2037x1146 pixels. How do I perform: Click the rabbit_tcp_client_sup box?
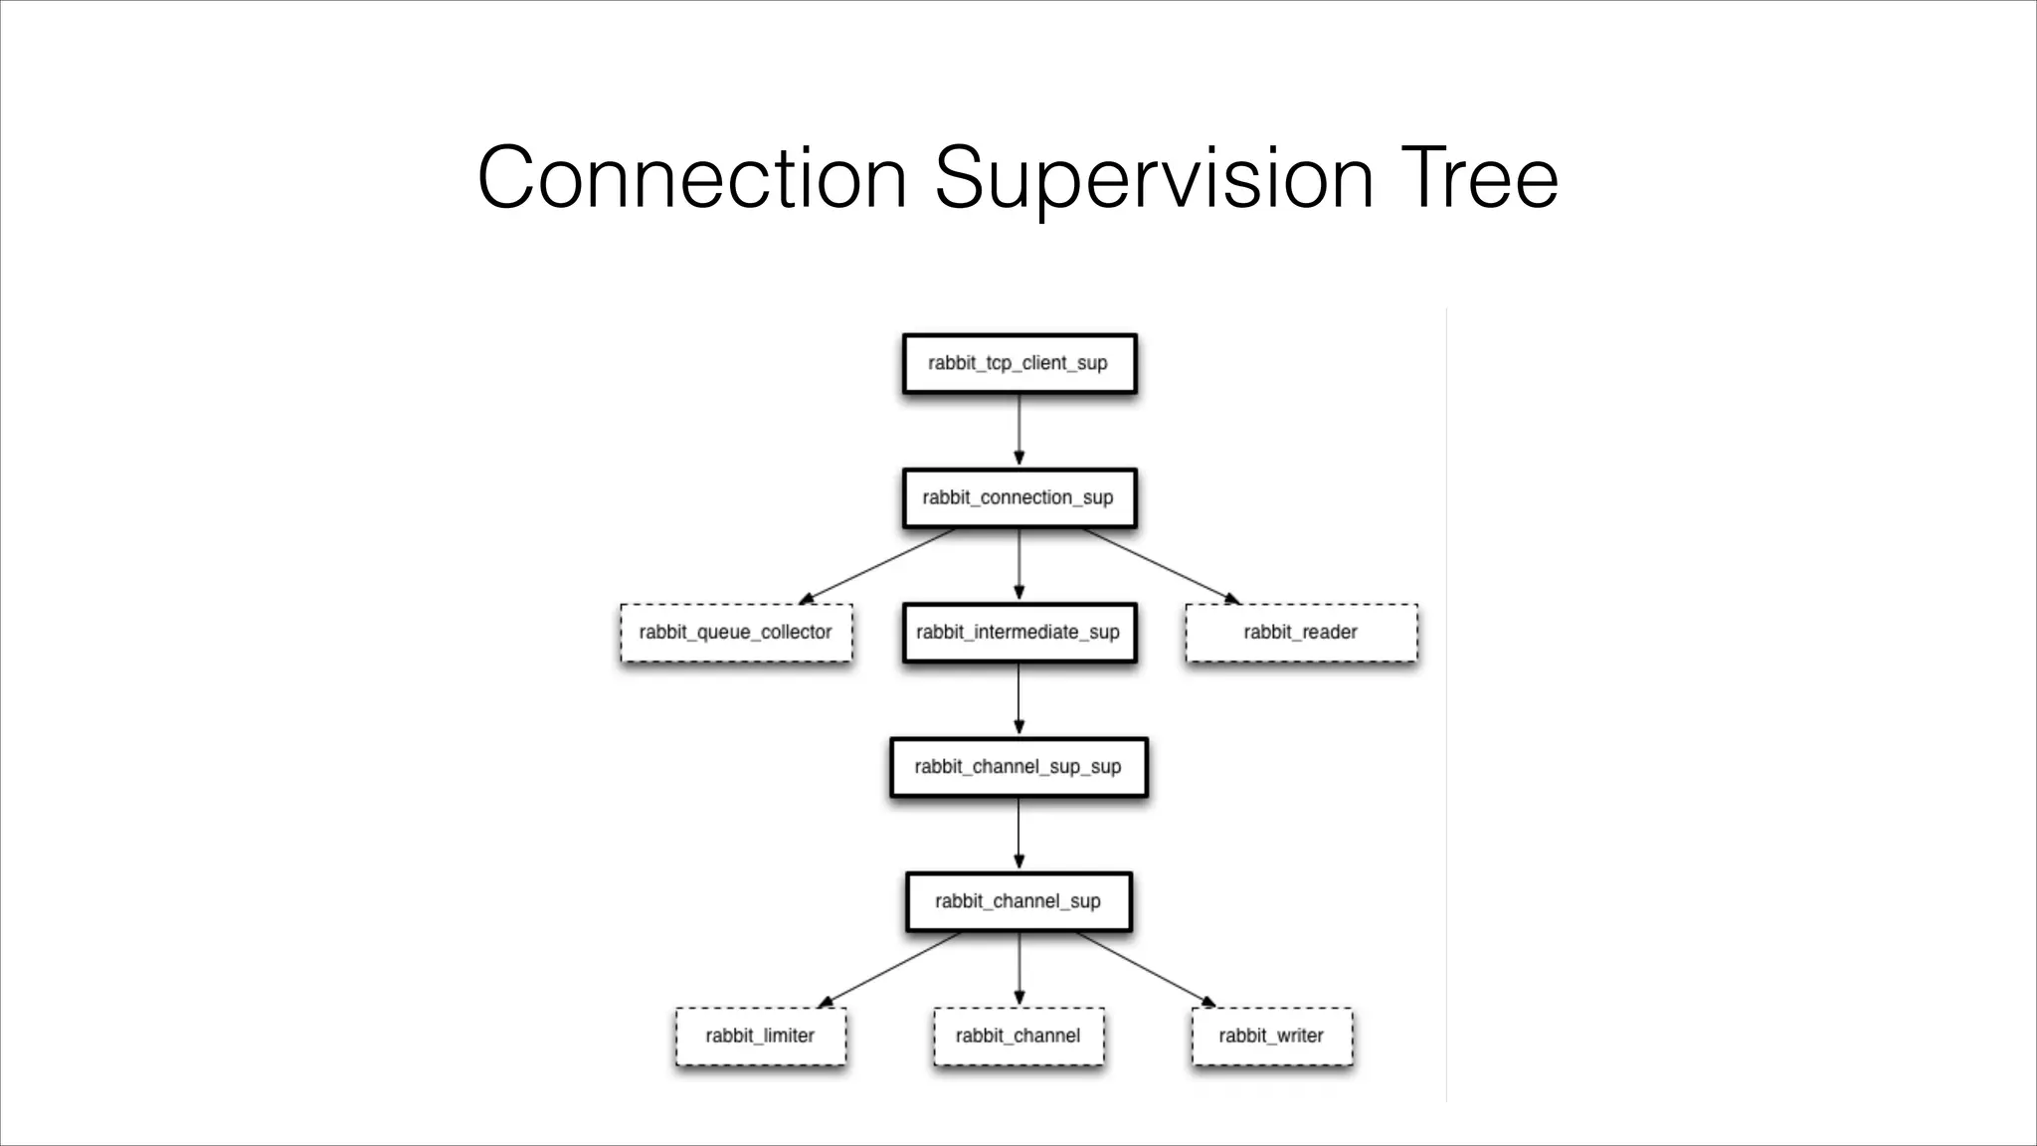point(1018,363)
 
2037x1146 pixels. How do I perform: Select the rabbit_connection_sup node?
point(1018,497)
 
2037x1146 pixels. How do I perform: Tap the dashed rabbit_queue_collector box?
point(736,633)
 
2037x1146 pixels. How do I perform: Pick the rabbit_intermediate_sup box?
point(1018,633)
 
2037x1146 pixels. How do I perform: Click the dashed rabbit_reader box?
point(1301,633)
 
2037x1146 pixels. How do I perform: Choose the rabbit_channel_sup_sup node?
point(1018,767)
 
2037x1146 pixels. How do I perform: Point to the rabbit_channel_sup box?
point(1018,901)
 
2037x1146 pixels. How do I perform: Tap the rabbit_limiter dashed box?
point(761,1037)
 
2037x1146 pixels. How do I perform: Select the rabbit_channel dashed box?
point(1018,1037)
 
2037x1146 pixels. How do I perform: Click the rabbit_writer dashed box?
point(1272,1037)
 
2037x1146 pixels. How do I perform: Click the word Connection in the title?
point(691,179)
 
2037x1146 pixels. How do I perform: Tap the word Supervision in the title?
point(1154,179)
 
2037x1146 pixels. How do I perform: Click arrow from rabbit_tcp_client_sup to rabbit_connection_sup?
point(1018,430)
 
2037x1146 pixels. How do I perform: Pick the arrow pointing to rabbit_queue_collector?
point(877,565)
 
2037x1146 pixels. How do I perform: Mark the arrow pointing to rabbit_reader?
point(1161,565)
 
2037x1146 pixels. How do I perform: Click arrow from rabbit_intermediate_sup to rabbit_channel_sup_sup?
point(1018,699)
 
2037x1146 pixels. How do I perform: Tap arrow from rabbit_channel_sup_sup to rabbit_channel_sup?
point(1018,834)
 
